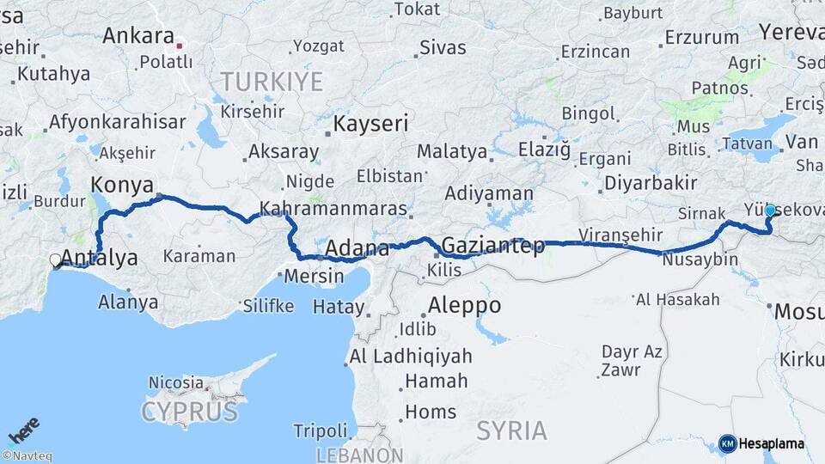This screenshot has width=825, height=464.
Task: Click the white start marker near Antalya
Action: tap(56, 259)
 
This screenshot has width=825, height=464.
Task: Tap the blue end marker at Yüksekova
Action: tap(770, 211)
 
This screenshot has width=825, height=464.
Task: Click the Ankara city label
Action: tap(137, 36)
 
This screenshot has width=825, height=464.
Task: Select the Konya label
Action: tap(122, 185)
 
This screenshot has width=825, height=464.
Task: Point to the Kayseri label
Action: tap(370, 124)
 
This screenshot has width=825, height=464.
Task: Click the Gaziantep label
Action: tap(492, 247)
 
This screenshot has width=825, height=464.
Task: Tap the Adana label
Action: tap(356, 249)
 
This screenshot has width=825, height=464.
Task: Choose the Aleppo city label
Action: tap(464, 306)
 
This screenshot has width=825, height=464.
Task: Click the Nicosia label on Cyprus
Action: tap(176, 382)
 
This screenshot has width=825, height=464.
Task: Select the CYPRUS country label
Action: tap(189, 412)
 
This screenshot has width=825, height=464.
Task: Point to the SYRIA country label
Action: tap(511, 430)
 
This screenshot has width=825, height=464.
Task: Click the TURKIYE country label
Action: tap(272, 82)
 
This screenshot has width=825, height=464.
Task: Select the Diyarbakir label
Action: tap(650, 182)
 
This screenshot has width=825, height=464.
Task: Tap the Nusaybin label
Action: tap(700, 259)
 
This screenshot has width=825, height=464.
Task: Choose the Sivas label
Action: tap(443, 47)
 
